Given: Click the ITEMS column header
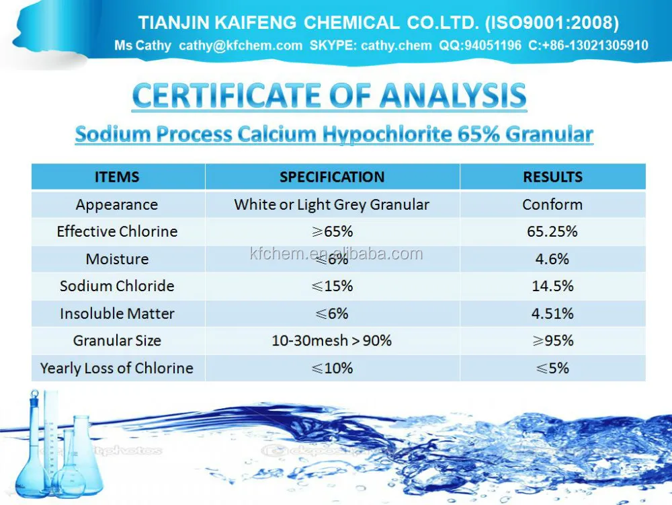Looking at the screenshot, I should point(117,177).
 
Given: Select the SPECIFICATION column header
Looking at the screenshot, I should point(332,177).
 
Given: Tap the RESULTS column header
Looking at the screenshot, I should point(552,177).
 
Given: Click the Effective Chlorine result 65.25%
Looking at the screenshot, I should point(552,231).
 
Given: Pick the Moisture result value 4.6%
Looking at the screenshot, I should point(552,259).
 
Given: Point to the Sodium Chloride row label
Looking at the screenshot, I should point(117,286).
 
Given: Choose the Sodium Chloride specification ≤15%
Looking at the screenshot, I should point(332,286).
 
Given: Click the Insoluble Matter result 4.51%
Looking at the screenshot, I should point(552,313).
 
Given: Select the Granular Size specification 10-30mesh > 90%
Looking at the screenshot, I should point(332,340).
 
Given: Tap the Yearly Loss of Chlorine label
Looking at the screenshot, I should point(117,368).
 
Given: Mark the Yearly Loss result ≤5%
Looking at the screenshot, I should point(552,368).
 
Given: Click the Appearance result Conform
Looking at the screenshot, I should point(552,204).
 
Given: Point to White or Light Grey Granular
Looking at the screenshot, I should point(332,204).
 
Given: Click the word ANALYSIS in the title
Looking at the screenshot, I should point(452,96).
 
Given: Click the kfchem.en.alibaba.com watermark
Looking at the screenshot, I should point(336,254).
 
